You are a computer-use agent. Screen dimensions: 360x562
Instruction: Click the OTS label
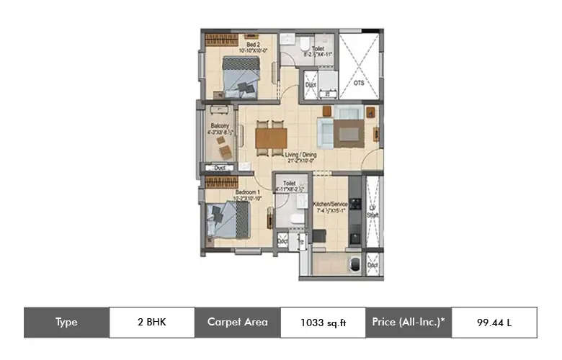(x=359, y=83)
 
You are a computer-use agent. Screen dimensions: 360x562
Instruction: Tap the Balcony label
(x=218, y=126)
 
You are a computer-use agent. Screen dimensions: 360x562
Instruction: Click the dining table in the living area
(x=271, y=137)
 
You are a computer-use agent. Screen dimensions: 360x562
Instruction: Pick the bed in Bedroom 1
(x=225, y=220)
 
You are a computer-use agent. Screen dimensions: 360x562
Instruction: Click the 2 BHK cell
(x=151, y=323)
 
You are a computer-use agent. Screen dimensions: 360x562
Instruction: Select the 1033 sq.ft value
(x=323, y=323)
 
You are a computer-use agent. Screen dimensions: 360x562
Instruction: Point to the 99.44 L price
(x=494, y=323)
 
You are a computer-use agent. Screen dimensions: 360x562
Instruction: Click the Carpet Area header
(x=237, y=323)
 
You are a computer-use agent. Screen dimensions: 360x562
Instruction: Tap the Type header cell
(x=66, y=323)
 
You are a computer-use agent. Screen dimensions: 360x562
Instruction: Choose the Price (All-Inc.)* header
(x=409, y=323)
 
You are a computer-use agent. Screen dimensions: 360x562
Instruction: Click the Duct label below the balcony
(x=220, y=168)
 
